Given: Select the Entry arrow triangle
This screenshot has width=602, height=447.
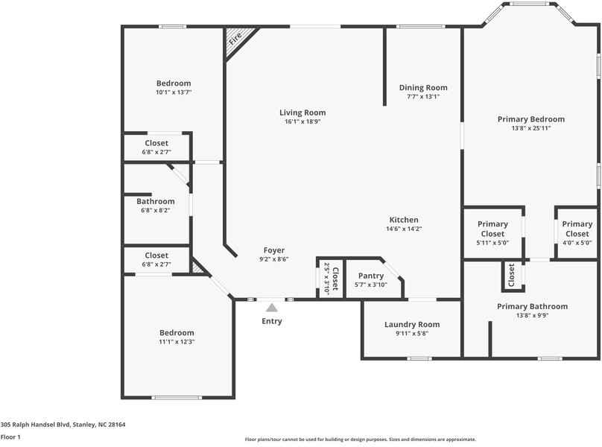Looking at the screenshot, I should click(x=272, y=307).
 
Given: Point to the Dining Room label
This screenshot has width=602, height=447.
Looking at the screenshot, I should click(x=422, y=87).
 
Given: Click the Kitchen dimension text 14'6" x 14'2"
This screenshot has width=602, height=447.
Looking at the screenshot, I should click(x=404, y=229).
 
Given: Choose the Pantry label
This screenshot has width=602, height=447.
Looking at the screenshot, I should click(x=370, y=276).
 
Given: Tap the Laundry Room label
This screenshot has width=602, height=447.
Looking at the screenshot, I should click(x=411, y=324).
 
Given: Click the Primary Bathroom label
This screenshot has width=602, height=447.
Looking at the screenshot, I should click(x=532, y=306).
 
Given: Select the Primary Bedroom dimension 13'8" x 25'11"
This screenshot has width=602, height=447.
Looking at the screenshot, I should click(x=530, y=128).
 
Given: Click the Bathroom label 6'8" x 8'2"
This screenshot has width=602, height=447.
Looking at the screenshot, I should click(x=156, y=201).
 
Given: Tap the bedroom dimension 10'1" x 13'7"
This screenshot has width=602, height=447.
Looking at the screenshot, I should click(x=174, y=93).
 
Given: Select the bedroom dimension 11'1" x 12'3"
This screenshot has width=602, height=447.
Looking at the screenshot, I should click(x=177, y=342).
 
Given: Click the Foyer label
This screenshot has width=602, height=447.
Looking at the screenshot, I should click(x=273, y=250).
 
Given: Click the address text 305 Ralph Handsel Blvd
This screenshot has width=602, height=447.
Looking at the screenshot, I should click(x=63, y=425).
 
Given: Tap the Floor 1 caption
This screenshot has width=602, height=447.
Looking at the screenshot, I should click(x=10, y=437).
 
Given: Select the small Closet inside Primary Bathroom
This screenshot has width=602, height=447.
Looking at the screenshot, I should click(x=512, y=276).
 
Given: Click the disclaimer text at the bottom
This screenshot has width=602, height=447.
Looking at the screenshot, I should click(x=361, y=440).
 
